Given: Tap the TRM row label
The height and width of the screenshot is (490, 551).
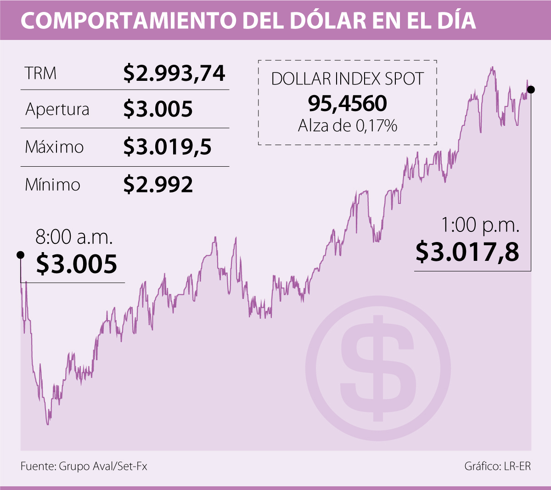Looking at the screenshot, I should click(41, 73).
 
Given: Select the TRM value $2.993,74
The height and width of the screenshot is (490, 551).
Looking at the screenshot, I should click(174, 73).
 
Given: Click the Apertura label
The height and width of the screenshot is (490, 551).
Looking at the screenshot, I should click(57, 110).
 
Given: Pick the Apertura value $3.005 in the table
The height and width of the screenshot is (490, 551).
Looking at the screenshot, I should click(158, 109).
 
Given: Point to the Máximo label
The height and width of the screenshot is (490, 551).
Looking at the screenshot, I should click(54, 147).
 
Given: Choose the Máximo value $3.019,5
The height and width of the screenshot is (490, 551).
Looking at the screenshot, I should click(168, 147).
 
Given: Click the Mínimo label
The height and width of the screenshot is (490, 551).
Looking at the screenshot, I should click(52, 185).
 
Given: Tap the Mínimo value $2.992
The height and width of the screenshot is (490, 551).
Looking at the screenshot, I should click(158, 185).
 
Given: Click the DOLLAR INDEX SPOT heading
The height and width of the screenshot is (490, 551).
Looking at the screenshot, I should click(347, 79).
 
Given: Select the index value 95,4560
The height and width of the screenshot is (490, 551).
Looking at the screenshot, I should click(347, 104).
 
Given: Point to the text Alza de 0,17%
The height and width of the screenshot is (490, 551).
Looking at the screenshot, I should click(347, 125).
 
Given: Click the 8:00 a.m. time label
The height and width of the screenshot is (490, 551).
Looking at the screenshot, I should click(74, 237).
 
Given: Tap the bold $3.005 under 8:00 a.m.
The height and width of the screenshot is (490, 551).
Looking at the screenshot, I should click(77, 264).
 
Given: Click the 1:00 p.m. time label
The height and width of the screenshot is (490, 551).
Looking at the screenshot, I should click(480, 225).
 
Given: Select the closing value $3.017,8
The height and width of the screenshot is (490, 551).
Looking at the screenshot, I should click(467, 252).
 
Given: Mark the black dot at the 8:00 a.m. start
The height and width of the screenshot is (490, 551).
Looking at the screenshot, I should click(20, 255).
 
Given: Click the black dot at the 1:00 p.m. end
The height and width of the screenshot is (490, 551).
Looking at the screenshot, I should click(531, 90).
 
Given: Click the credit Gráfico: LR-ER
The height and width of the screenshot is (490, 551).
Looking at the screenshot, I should click(497, 467).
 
